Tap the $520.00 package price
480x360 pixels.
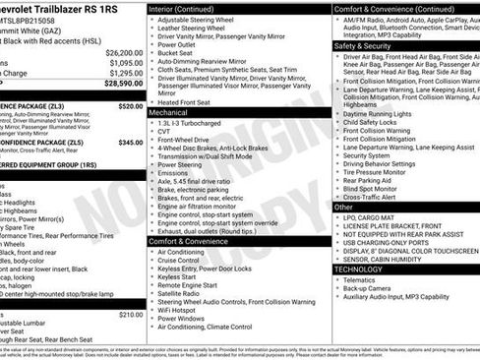click(130, 105)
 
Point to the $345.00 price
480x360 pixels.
click(130, 143)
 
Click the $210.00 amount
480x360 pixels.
click(130, 315)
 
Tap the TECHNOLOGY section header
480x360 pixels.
click(358, 269)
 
